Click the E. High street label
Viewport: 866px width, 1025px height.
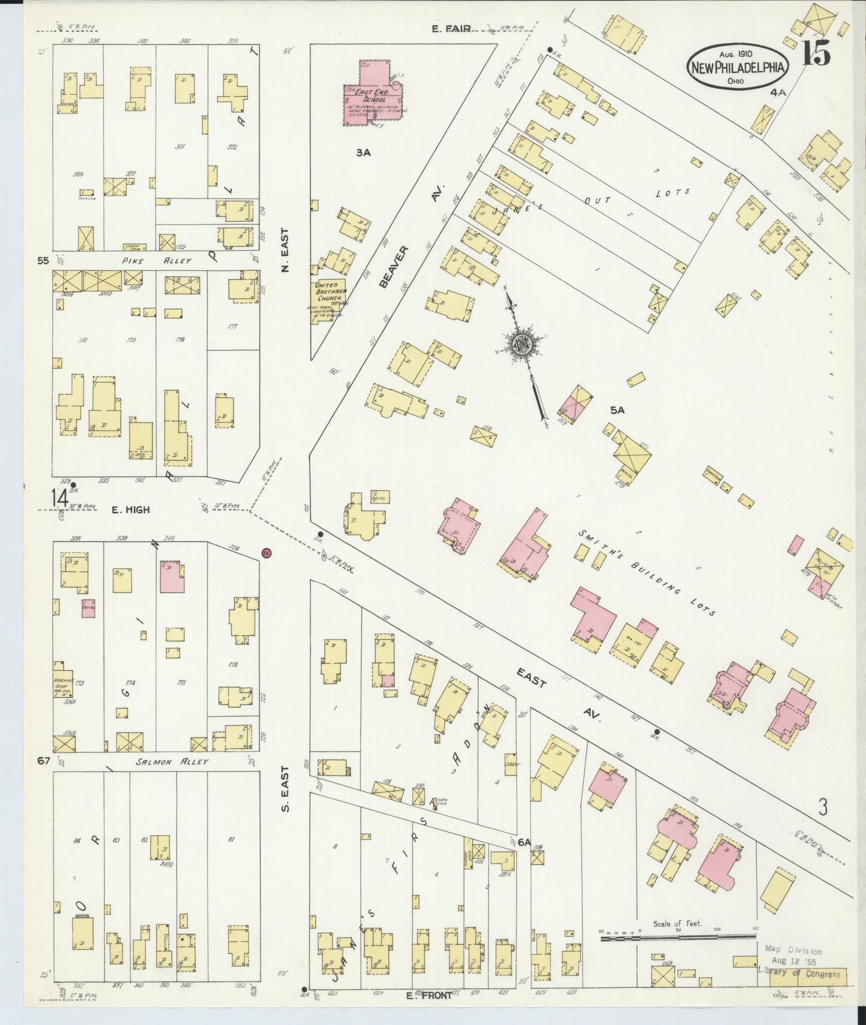point(130,510)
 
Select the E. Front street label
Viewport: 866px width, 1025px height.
point(428,995)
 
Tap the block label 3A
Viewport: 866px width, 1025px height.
point(363,153)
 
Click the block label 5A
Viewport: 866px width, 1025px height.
point(617,410)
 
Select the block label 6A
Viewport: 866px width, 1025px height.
point(525,842)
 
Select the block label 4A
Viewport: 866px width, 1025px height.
point(778,92)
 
